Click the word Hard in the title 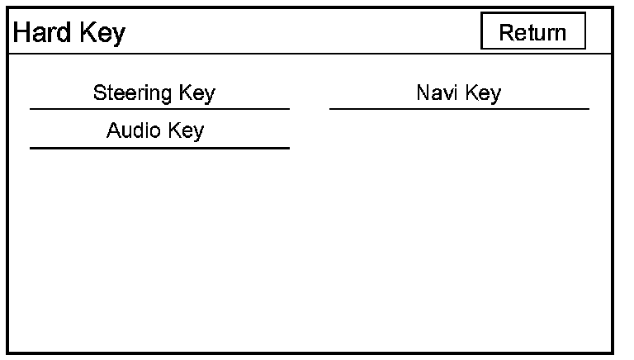(40, 33)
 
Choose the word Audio (130, 130)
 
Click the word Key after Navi (483, 92)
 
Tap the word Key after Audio (186, 130)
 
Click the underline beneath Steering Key (159, 108)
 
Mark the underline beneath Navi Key (459, 108)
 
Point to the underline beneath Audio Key (159, 148)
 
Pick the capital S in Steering (99, 92)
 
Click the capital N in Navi (423, 92)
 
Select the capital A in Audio (113, 130)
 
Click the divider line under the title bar (314, 54)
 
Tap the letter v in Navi (443, 93)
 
